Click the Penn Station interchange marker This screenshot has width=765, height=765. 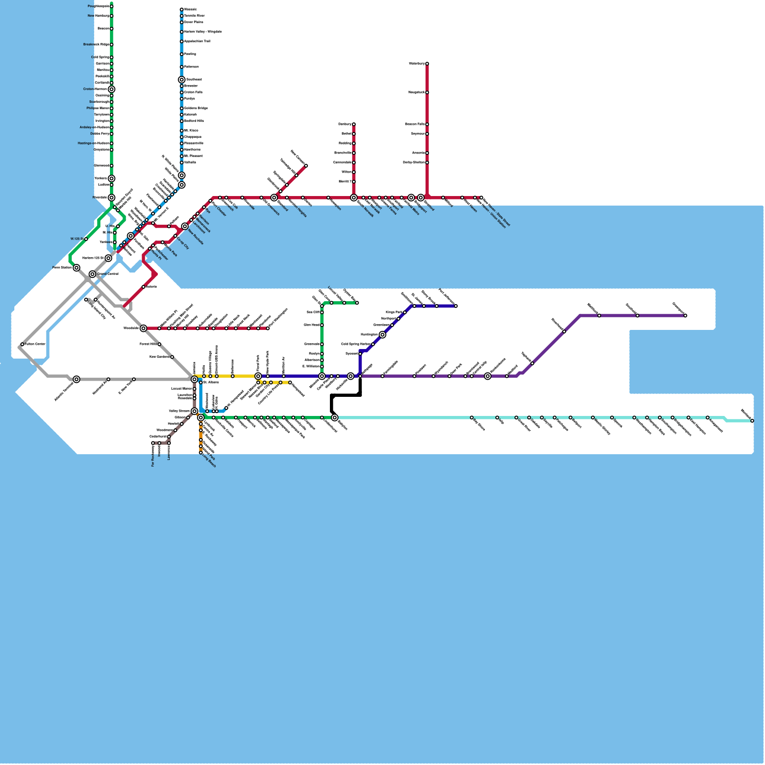(76, 268)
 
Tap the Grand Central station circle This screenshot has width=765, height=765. (92, 274)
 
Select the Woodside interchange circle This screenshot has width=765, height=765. (143, 328)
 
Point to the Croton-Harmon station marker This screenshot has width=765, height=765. (111, 89)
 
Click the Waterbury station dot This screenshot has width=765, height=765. (427, 64)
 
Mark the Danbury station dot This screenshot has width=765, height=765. (354, 124)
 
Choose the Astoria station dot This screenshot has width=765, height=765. (143, 287)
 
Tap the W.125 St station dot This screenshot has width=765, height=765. (86, 239)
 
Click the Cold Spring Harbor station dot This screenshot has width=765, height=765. (373, 344)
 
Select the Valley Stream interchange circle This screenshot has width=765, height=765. (194, 411)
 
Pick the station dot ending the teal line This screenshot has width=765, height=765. (752, 421)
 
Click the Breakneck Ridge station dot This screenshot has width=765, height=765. (111, 44)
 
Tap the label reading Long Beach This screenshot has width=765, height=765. (209, 461)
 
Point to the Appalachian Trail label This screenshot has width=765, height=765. (197, 42)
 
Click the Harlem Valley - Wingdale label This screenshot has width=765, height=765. (203, 32)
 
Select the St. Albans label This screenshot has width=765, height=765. (211, 382)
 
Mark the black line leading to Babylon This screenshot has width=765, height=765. (345, 395)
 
